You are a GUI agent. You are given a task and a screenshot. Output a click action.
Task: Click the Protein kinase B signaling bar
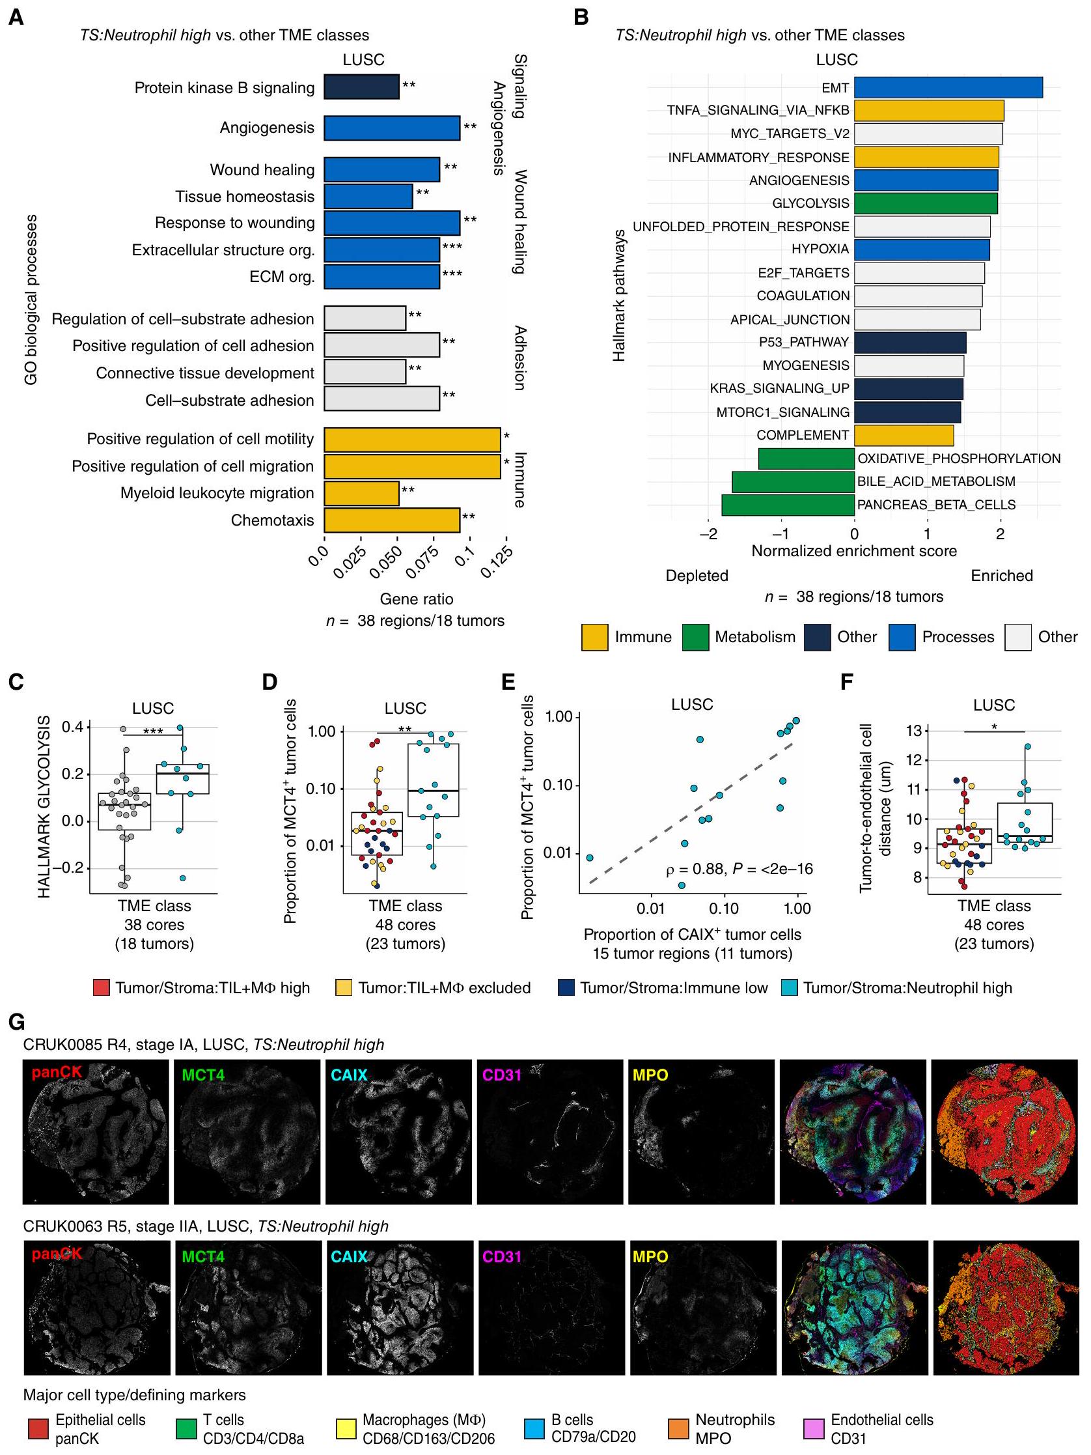(x=361, y=87)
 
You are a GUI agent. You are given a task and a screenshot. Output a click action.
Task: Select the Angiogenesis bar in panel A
(x=391, y=128)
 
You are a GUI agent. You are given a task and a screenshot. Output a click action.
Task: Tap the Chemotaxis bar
(x=391, y=520)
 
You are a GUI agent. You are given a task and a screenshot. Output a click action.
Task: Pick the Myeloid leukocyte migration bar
(x=361, y=492)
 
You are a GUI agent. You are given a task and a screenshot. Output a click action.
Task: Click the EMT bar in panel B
(x=948, y=87)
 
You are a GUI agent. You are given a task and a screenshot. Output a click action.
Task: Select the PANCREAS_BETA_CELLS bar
(x=788, y=505)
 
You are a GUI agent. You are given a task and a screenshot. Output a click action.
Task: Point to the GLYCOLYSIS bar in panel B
(x=925, y=203)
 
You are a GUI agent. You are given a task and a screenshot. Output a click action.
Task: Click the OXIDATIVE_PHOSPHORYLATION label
(x=958, y=459)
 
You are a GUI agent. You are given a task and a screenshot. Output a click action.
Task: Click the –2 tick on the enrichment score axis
(x=708, y=534)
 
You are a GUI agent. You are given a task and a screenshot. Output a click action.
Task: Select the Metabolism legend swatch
(x=695, y=637)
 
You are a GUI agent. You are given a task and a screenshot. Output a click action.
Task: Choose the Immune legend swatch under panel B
(x=594, y=637)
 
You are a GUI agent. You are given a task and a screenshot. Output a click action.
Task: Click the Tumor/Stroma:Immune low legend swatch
(x=566, y=988)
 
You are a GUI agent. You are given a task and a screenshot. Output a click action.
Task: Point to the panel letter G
(x=16, y=1022)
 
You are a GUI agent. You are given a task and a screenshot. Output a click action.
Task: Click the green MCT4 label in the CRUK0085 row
(x=203, y=1075)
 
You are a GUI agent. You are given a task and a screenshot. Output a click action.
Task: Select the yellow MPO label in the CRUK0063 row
(x=650, y=1256)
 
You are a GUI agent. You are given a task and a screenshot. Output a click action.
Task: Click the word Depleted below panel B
(x=697, y=576)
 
